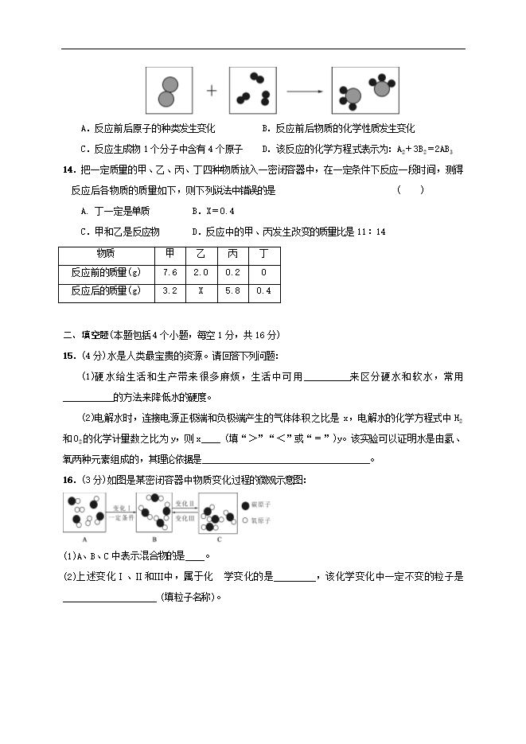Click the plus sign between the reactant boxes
pyautogui.click(x=212, y=91)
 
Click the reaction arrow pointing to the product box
pyautogui.click(x=304, y=91)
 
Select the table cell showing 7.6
pyautogui.click(x=169, y=272)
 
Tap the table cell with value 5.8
pyautogui.click(x=232, y=291)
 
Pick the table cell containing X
pyautogui.click(x=201, y=291)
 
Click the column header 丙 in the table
pyautogui.click(x=232, y=253)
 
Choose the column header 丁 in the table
pyautogui.click(x=263, y=253)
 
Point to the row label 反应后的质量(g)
pyautogui.click(x=105, y=291)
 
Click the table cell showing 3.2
pyautogui.click(x=169, y=291)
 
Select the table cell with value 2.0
pyautogui.click(x=201, y=272)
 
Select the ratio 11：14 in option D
pyautogui.click(x=368, y=232)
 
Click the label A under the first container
pyautogui.click(x=84, y=538)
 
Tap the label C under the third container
pyautogui.click(x=219, y=538)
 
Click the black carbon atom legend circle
pyautogui.click(x=244, y=505)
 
